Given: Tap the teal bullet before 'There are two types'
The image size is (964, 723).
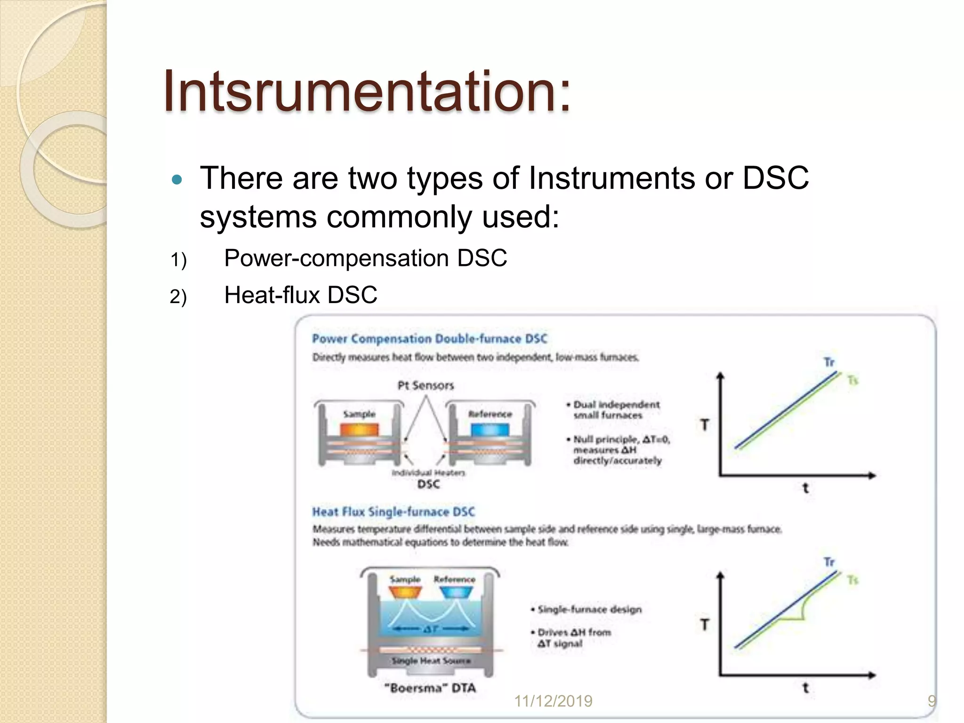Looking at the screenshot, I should [x=177, y=179].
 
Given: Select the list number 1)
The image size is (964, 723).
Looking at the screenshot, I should [x=178, y=260].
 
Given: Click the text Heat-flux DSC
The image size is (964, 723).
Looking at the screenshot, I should [x=300, y=295].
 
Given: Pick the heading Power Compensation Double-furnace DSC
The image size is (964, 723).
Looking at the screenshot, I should [x=430, y=339].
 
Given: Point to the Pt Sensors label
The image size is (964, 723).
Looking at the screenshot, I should [x=426, y=386].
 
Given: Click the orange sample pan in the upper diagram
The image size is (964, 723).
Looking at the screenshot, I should [x=359, y=430].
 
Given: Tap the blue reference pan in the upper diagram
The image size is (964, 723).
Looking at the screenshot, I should [x=490, y=430].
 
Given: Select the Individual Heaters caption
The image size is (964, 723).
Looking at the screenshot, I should [x=428, y=472].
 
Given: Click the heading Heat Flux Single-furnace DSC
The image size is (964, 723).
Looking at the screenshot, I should [x=394, y=512].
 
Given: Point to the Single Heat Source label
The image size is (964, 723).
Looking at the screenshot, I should [x=431, y=661].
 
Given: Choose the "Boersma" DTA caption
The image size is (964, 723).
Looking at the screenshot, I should [x=430, y=688].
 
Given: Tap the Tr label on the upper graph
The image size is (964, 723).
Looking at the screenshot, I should [x=829, y=362].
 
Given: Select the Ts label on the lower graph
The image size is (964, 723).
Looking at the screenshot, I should [x=853, y=580].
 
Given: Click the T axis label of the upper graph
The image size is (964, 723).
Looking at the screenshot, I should [x=705, y=425].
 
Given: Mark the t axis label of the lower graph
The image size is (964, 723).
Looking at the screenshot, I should [x=805, y=688].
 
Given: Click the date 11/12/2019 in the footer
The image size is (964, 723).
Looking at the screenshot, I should [x=553, y=701].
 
